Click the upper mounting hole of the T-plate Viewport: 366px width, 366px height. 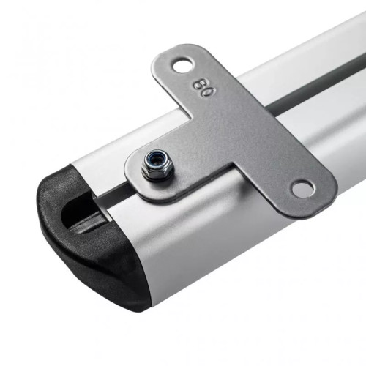click(183, 64)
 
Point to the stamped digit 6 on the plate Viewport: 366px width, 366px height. click(198, 84)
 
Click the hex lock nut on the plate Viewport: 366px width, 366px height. click(157, 165)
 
